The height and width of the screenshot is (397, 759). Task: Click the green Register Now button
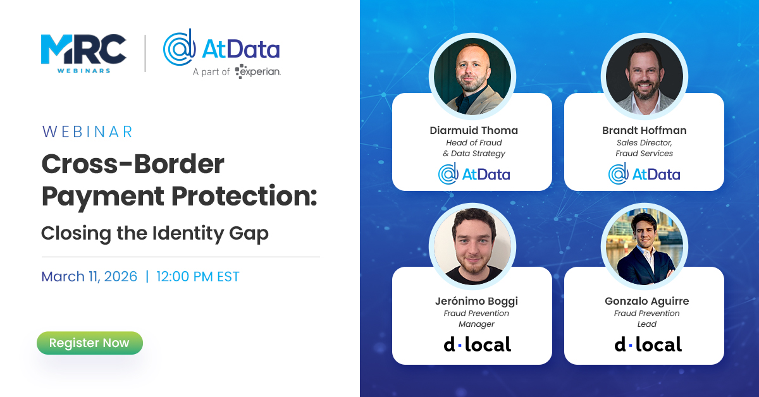[89, 343]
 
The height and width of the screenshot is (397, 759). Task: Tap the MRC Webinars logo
[83, 54]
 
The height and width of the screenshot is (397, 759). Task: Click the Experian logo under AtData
[257, 71]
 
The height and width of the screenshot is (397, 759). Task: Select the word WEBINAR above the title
[87, 131]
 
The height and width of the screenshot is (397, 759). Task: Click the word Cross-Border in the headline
[133, 164]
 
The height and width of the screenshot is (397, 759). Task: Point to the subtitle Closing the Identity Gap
[155, 233]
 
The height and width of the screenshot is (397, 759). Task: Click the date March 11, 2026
[89, 276]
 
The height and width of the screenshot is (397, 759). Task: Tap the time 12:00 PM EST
[198, 276]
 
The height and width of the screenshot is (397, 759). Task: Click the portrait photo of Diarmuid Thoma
[472, 76]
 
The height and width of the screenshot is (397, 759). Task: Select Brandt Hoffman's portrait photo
[644, 76]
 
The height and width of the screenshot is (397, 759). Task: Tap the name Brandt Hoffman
[645, 131]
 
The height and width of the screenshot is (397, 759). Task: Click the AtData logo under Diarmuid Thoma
[474, 173]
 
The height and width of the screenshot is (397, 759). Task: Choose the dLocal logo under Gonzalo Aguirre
[648, 345]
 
